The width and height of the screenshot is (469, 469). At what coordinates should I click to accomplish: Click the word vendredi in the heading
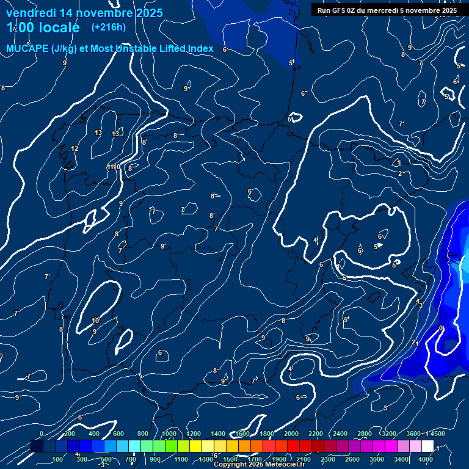tap(32, 13)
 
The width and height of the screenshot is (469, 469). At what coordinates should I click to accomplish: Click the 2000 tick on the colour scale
tap(291, 434)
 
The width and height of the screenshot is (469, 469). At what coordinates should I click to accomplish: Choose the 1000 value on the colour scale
tap(169, 434)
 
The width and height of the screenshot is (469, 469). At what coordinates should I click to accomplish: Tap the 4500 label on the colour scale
tap(437, 434)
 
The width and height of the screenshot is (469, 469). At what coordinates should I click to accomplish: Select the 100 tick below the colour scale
tap(59, 459)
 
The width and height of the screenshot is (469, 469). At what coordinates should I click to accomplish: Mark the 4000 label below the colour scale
tap(426, 459)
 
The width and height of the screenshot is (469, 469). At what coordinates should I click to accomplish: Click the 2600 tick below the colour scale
tap(352, 459)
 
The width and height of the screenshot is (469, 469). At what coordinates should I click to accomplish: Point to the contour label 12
tap(75, 148)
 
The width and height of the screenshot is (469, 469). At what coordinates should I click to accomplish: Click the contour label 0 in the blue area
tap(441, 328)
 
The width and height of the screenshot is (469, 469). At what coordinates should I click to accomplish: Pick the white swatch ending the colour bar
tap(427, 446)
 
